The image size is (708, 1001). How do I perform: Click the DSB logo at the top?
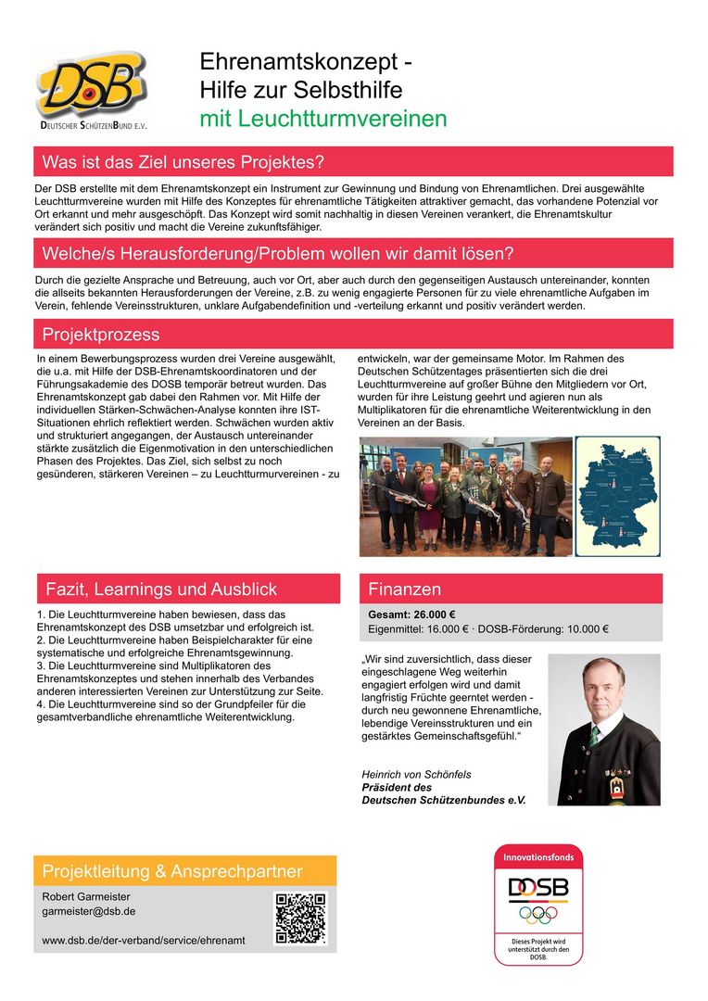(92, 89)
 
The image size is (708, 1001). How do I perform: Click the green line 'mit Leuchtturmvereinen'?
(323, 119)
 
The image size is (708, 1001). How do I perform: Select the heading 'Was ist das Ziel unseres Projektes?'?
(183, 162)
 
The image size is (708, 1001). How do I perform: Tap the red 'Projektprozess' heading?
(101, 335)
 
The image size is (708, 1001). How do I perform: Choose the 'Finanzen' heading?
(405, 589)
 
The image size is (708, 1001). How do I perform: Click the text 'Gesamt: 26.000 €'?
(412, 614)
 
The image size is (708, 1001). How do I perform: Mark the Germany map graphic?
(618, 496)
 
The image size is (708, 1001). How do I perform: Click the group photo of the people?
(465, 496)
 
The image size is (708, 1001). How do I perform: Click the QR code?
(300, 918)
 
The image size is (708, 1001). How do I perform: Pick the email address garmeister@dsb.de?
(89, 911)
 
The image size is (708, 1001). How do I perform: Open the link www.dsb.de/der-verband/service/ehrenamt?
(144, 940)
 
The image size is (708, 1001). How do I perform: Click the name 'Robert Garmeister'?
(86, 896)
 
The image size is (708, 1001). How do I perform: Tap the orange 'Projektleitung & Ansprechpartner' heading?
(172, 871)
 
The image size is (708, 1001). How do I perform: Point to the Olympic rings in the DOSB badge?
(538, 914)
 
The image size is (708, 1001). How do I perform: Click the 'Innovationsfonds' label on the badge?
(538, 857)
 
